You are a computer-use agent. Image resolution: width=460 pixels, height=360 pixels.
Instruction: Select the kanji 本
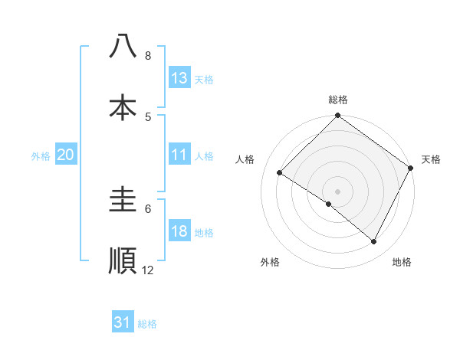[x=123, y=106]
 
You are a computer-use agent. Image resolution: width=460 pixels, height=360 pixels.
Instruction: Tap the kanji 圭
[x=123, y=200]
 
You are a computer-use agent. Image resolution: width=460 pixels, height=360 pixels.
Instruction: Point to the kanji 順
[x=123, y=260]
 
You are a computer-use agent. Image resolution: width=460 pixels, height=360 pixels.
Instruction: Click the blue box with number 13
[x=179, y=78]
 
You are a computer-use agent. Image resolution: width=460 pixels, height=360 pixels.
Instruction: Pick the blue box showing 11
[x=179, y=155]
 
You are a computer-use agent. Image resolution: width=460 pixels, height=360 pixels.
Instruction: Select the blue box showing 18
[x=179, y=232]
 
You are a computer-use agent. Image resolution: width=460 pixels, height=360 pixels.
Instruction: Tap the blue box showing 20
[x=65, y=155]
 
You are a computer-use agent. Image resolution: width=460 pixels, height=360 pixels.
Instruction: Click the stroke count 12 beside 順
[x=148, y=270]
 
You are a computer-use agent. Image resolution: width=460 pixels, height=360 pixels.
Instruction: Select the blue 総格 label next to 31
[x=147, y=324]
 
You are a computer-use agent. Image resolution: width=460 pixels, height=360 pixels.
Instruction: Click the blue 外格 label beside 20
[x=41, y=155]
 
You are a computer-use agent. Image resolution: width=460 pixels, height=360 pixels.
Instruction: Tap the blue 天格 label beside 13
[x=204, y=79]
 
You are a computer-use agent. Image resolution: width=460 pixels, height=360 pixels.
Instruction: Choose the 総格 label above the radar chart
[x=338, y=100]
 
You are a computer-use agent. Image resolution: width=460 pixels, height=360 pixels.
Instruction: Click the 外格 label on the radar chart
[x=270, y=262]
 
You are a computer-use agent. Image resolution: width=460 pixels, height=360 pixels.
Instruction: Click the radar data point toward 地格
[x=374, y=242]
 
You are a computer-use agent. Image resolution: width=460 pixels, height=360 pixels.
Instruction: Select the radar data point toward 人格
[x=280, y=173]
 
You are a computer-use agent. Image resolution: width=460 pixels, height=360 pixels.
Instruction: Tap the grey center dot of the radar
[x=337, y=191]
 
